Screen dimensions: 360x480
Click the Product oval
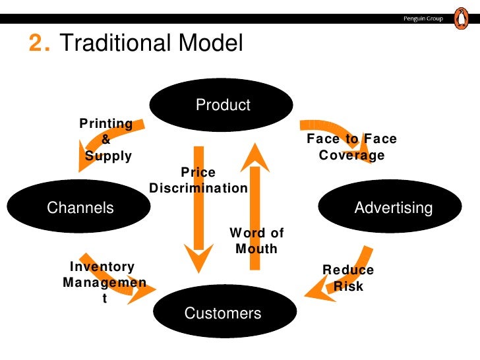222,105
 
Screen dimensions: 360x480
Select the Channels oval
80,208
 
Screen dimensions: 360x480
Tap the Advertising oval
393,208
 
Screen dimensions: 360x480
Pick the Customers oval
222,313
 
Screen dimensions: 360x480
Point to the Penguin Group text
424,18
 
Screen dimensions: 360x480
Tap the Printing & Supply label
106,140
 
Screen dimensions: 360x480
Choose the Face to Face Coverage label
351,148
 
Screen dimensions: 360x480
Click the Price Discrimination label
198,180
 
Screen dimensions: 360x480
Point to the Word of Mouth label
256,241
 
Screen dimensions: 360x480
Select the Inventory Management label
104,282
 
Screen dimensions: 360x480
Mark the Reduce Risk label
347,278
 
